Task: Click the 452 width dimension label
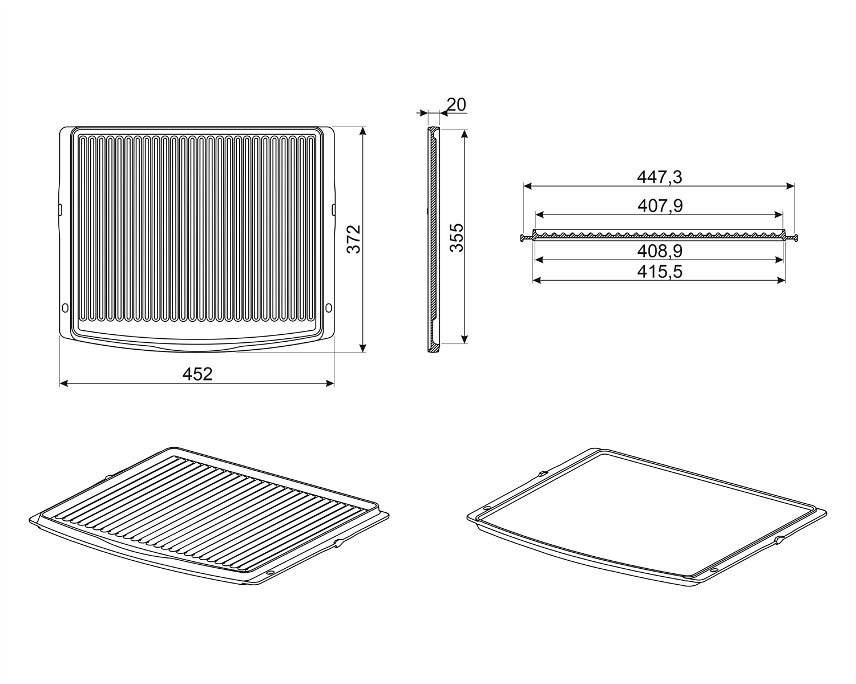click(x=197, y=374)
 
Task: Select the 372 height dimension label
click(x=354, y=239)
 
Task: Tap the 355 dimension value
click(x=457, y=237)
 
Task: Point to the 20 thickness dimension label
click(x=456, y=104)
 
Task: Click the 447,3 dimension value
click(x=659, y=177)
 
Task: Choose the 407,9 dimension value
click(x=660, y=206)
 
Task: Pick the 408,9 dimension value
click(x=660, y=251)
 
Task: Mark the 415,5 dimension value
click(x=660, y=272)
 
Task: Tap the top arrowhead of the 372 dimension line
click(x=362, y=131)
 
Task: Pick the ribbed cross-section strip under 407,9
click(x=659, y=235)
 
